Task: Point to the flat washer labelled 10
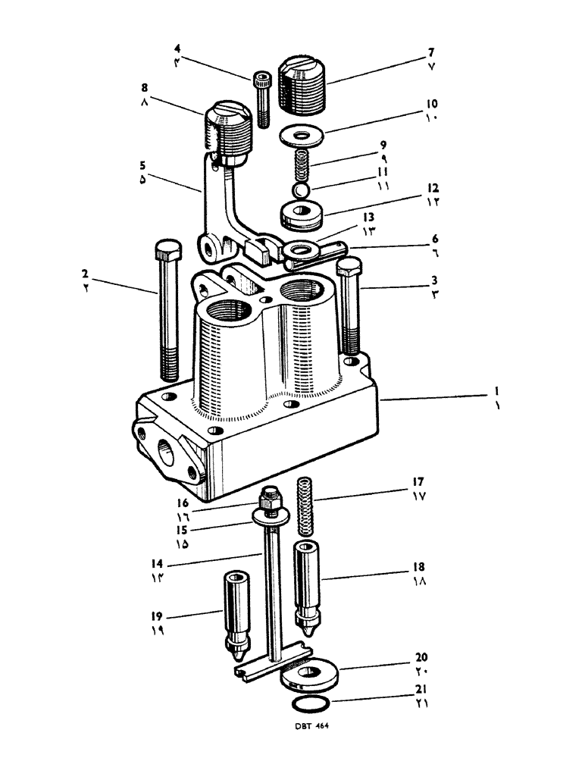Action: (x=301, y=136)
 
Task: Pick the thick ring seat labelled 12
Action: (x=302, y=215)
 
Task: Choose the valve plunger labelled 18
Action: (x=311, y=587)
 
